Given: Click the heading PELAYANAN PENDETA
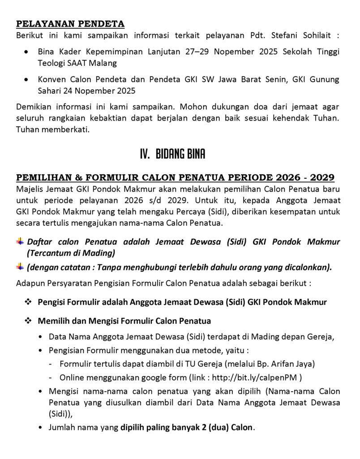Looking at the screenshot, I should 70,24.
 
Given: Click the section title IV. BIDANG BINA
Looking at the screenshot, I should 172,155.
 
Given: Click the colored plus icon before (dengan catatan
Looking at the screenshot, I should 20,268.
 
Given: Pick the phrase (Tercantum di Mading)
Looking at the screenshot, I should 71,253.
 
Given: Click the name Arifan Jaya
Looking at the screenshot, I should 298,363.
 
